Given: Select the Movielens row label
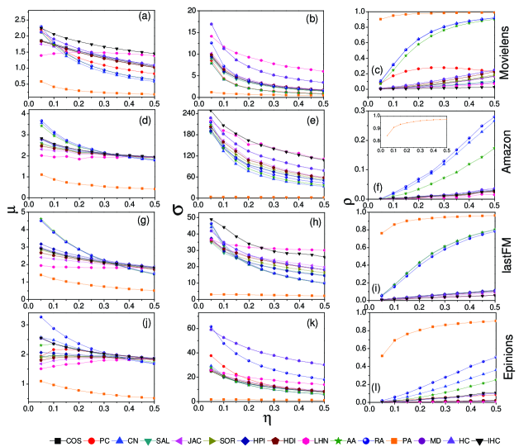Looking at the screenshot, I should pos(508,52).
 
